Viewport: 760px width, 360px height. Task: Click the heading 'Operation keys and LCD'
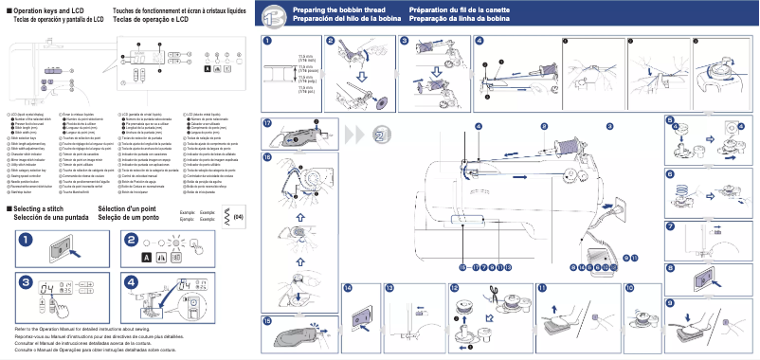pyautogui.click(x=45, y=9)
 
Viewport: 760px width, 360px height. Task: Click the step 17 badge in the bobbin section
pyautogui.click(x=269, y=124)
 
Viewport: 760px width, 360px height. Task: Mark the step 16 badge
pyautogui.click(x=269, y=156)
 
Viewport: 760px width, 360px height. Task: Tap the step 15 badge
pyautogui.click(x=269, y=321)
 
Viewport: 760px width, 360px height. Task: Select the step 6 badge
pyautogui.click(x=670, y=174)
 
